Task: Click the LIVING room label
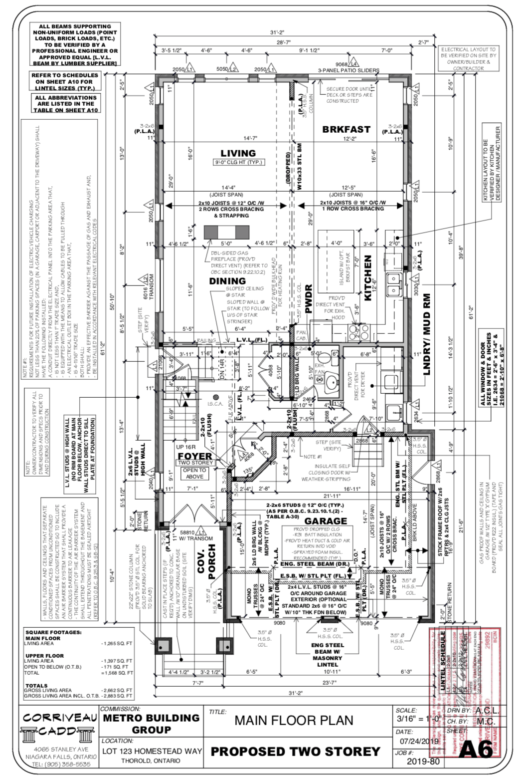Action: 238,153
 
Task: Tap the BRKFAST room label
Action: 346,129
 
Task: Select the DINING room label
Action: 227,281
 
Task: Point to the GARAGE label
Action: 326,521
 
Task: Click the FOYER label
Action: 195,456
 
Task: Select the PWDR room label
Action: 308,299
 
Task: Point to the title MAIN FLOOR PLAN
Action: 294,721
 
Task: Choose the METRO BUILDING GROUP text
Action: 151,724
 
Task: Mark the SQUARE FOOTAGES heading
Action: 53,632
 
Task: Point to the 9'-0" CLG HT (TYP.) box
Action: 238,162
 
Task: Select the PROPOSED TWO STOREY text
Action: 296,752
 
